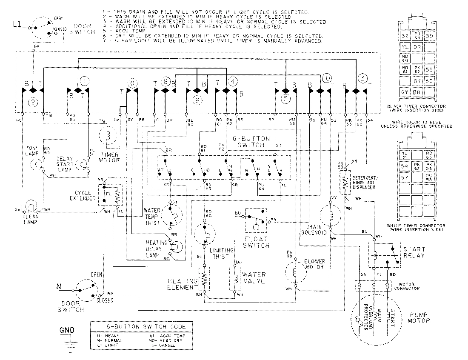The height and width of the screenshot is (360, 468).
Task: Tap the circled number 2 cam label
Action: [x=32, y=102]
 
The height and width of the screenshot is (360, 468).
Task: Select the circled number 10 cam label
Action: [x=326, y=78]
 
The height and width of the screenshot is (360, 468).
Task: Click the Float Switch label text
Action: [x=257, y=242]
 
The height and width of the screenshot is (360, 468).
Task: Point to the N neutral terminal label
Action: [x=59, y=286]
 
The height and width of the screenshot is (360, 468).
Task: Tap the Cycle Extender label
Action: [x=84, y=195]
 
